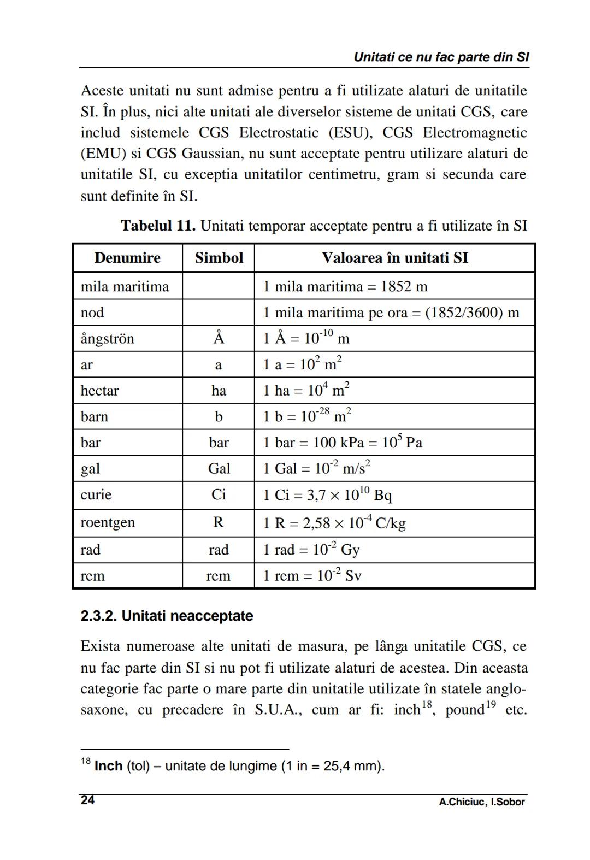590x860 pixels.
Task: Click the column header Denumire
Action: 127,258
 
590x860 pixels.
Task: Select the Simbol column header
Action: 219,258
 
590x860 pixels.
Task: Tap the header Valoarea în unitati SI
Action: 394,258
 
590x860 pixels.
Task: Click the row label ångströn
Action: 107,339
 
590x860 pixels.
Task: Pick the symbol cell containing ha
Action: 219,391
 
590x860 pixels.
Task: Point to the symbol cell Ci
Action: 219,495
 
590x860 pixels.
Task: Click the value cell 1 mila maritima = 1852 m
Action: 345,287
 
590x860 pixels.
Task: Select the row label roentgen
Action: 108,522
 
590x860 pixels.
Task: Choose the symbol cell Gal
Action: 219,469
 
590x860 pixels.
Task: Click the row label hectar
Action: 99,391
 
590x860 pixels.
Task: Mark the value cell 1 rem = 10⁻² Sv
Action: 312,576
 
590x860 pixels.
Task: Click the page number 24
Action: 87,800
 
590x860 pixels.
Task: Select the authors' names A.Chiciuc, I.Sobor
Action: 481,802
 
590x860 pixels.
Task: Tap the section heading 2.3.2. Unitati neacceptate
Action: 167,616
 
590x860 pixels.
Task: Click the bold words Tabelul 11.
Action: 158,226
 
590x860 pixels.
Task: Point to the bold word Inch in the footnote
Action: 108,766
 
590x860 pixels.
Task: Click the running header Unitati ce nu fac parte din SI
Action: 441,57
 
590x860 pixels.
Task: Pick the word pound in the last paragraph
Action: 464,710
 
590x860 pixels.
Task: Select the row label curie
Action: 96,495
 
